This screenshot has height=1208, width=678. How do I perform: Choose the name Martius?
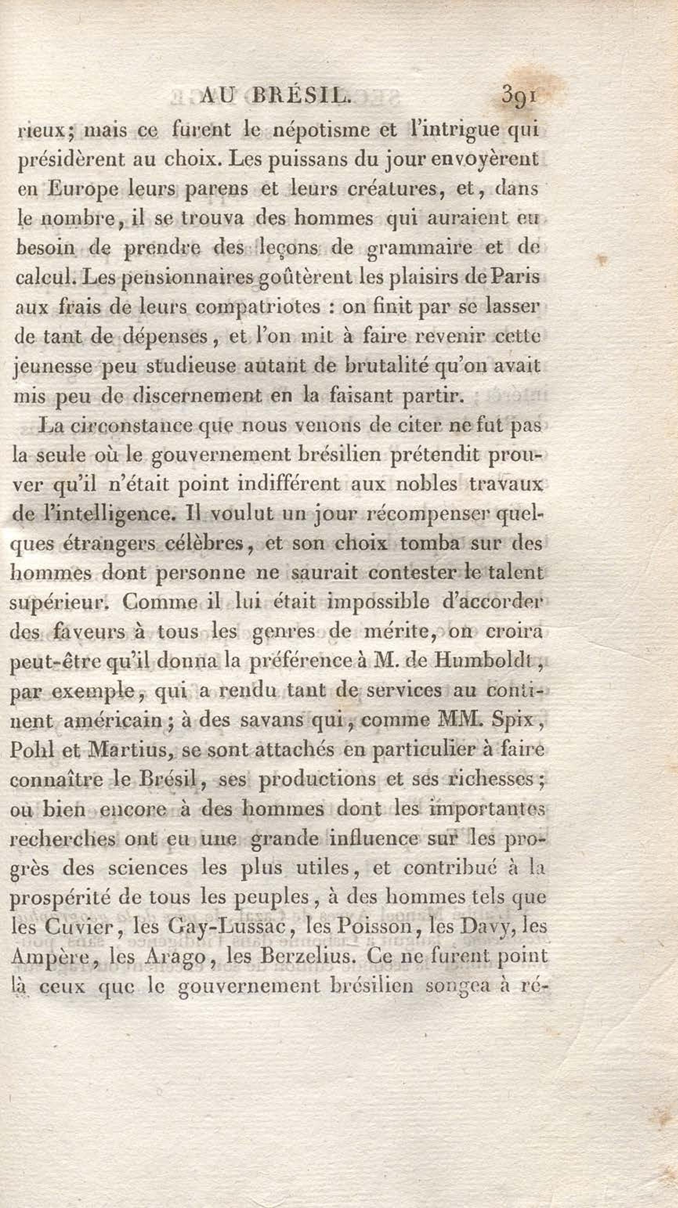[x=128, y=749]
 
